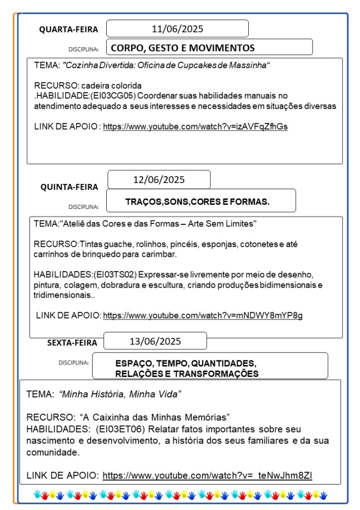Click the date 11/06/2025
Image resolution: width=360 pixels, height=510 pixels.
click(x=178, y=29)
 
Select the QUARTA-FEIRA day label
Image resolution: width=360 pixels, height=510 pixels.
click(x=69, y=30)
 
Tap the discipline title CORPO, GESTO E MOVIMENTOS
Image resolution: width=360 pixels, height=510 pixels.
click(x=182, y=48)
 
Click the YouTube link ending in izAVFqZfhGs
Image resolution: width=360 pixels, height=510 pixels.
click(x=195, y=127)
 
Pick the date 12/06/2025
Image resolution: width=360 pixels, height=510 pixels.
click(x=159, y=179)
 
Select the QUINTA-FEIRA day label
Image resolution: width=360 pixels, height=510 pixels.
click(x=69, y=187)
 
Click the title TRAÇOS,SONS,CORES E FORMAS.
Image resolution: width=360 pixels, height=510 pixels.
click(x=197, y=202)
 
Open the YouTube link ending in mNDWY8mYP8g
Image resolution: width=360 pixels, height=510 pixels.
click(x=202, y=315)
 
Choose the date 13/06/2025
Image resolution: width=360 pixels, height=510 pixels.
click(x=155, y=341)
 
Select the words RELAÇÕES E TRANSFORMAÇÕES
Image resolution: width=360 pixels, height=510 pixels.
click(x=186, y=374)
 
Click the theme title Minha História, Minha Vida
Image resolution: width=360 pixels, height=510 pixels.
click(x=120, y=394)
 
